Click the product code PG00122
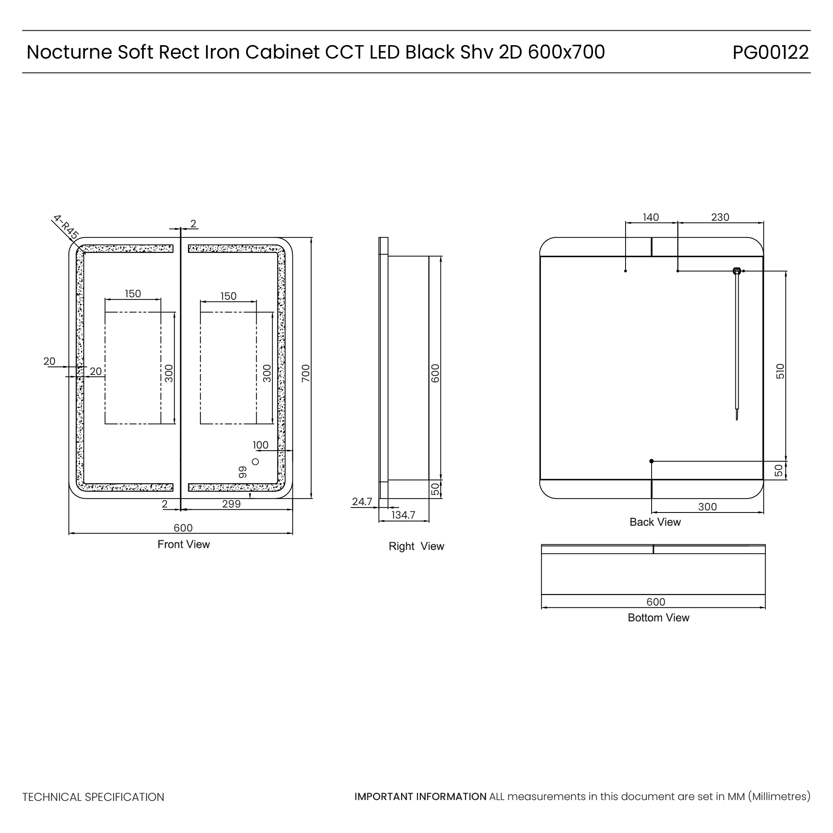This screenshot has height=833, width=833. click(770, 52)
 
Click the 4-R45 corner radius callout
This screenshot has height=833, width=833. click(66, 227)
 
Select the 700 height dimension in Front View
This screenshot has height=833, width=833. click(306, 373)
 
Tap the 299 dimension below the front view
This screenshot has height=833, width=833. click(231, 504)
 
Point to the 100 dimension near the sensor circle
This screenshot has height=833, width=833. click(260, 445)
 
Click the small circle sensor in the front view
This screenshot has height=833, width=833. click(255, 462)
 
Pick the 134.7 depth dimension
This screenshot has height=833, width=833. click(403, 515)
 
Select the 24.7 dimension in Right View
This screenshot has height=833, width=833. click(362, 502)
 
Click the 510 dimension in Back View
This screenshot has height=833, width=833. click(780, 371)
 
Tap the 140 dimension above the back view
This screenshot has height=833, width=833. click(651, 217)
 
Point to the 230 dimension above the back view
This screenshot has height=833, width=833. click(720, 217)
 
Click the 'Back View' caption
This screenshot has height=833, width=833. click(655, 522)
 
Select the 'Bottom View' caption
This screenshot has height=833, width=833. click(659, 618)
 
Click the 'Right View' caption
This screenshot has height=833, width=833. click(416, 546)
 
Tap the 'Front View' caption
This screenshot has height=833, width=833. click(184, 545)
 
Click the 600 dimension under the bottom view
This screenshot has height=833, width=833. click(656, 602)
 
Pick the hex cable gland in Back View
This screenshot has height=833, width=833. click(737, 271)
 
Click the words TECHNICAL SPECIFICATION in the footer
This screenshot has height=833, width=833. click(93, 797)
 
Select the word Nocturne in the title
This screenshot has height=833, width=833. click(69, 52)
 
